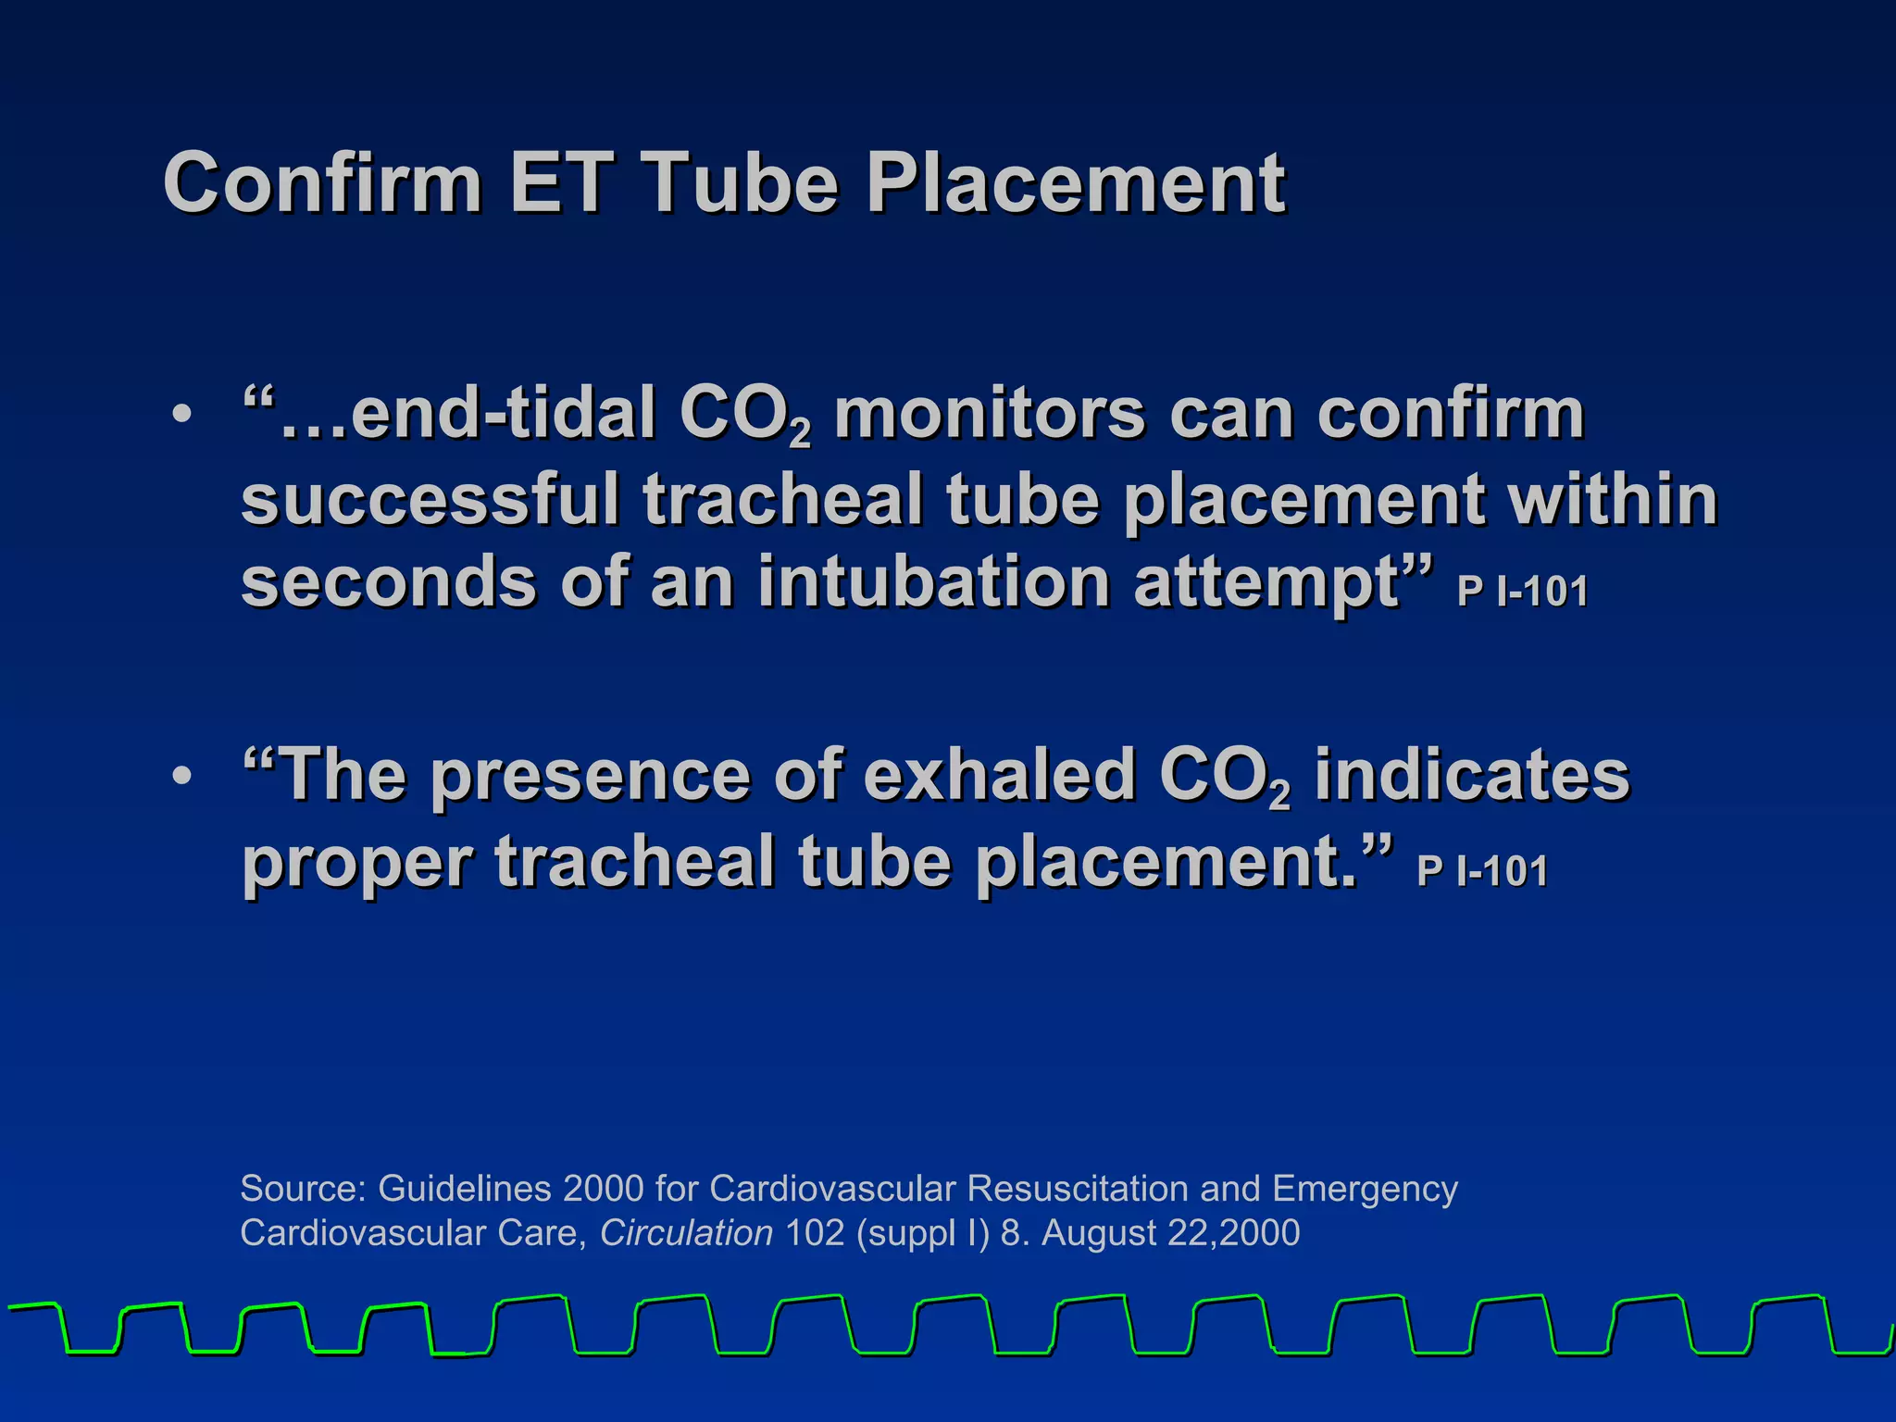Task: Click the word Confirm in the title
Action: click(x=322, y=183)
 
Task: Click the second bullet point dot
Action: click(x=182, y=776)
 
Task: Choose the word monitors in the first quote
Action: click(x=990, y=413)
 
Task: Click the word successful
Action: click(x=430, y=500)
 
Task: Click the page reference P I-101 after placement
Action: click(x=1481, y=872)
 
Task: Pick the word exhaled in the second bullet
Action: click(x=999, y=774)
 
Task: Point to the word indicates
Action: click(x=1472, y=774)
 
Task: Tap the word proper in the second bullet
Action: click(x=357, y=861)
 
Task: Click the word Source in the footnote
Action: click(x=302, y=1188)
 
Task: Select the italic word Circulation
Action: click(x=686, y=1233)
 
